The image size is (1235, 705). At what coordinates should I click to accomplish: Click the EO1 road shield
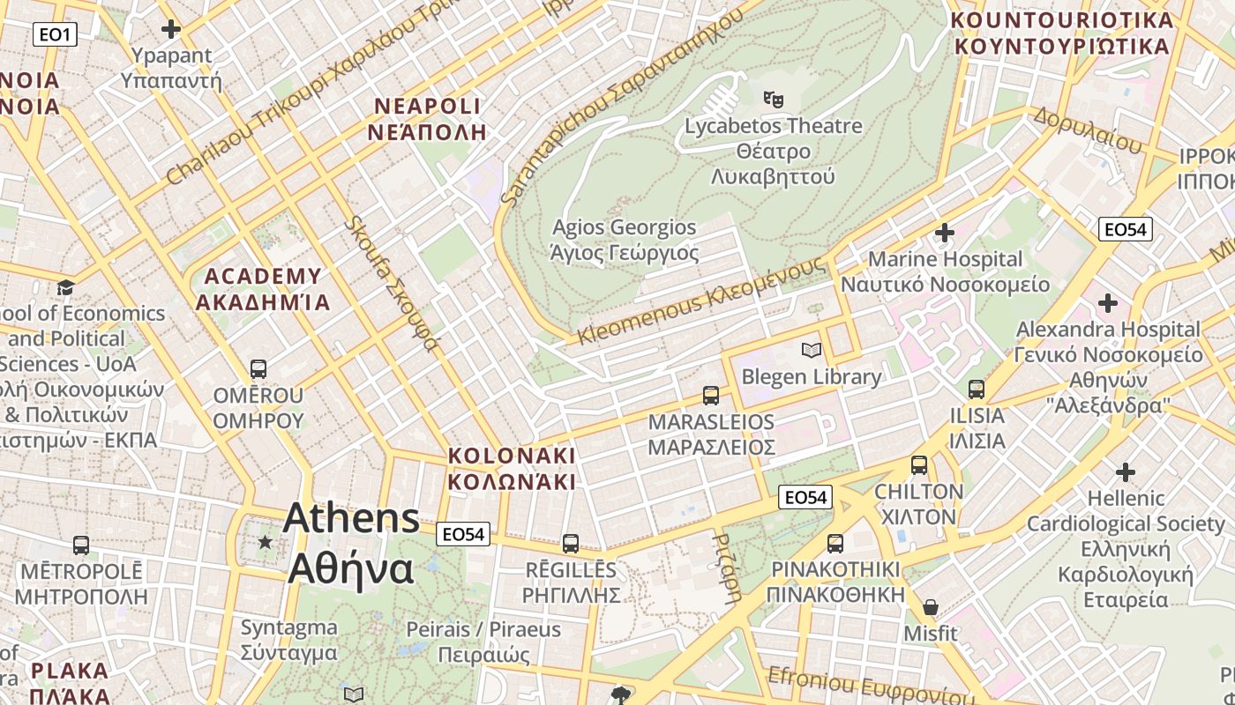pos(56,34)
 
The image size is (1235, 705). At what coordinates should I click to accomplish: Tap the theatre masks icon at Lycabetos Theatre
pos(774,99)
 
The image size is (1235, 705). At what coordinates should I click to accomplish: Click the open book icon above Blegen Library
pos(812,350)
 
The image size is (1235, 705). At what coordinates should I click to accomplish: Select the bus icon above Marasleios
pos(711,395)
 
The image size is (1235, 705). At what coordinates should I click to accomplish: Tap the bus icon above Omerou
pos(258,368)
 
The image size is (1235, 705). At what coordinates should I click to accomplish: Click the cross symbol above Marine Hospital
pos(945,233)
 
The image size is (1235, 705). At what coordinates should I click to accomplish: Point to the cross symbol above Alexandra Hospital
pos(1108,303)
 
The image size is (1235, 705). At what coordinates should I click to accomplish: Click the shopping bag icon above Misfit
pos(930,607)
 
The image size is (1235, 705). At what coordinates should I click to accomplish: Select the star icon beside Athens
pos(265,542)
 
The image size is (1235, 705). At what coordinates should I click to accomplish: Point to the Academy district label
pos(263,289)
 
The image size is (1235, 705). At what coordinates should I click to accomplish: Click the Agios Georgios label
pos(625,241)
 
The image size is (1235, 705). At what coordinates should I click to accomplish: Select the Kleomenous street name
pos(701,301)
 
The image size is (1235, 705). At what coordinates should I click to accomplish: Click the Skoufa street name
pos(390,283)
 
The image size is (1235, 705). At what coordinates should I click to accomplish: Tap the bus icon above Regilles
pos(571,543)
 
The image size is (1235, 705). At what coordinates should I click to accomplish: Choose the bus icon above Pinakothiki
pos(835,543)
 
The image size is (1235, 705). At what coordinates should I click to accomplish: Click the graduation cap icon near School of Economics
pos(65,287)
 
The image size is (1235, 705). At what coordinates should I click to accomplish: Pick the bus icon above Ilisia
pos(977,389)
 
